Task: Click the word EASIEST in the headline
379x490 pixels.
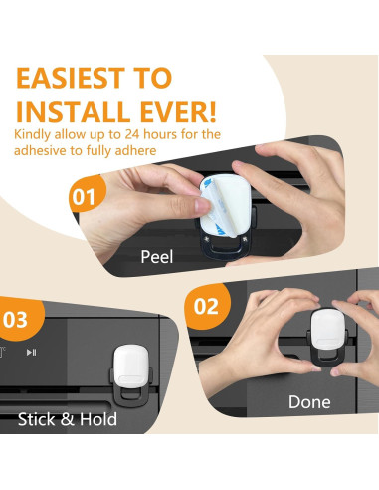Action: click(x=71, y=78)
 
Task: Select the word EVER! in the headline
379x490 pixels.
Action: click(x=178, y=111)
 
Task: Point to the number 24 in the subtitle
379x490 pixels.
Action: click(x=132, y=134)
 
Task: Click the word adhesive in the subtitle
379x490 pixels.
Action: click(x=40, y=150)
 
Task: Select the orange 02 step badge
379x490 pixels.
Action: click(x=207, y=306)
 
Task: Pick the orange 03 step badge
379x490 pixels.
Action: click(x=18, y=319)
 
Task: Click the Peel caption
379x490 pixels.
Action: click(x=157, y=257)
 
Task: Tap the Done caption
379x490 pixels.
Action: click(x=309, y=402)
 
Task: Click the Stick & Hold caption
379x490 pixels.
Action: click(x=68, y=419)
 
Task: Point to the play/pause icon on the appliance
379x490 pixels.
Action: click(x=32, y=352)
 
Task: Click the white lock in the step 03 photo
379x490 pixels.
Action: click(x=131, y=367)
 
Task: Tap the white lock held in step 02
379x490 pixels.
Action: click(x=327, y=329)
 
